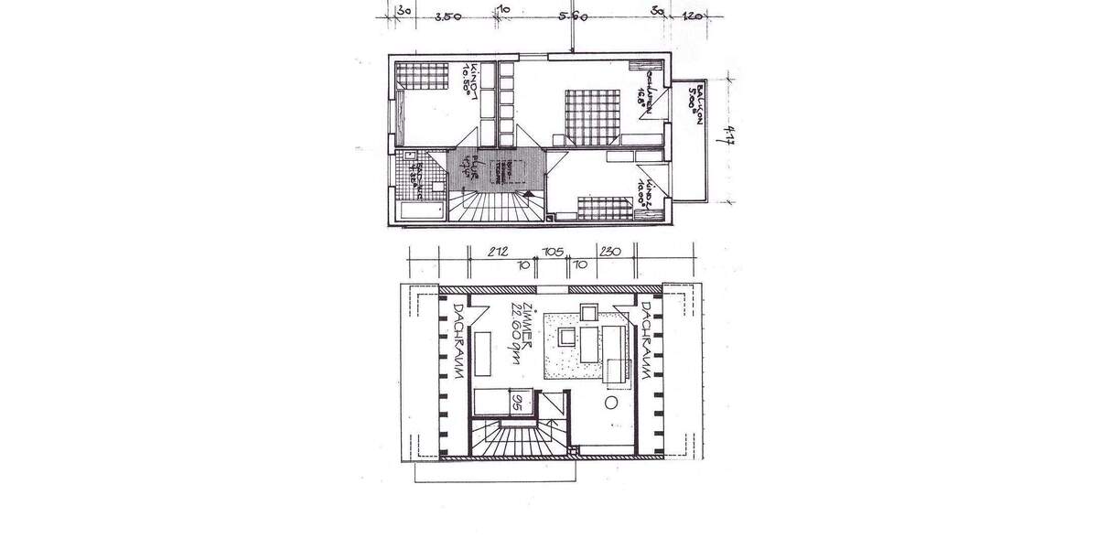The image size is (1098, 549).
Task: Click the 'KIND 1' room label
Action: click(x=472, y=80)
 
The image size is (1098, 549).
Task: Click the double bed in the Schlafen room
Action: click(x=593, y=115)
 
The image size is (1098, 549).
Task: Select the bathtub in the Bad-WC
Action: click(x=421, y=213)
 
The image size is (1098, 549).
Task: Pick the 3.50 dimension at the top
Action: click(x=447, y=16)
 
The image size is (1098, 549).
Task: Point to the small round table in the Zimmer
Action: click(x=611, y=402)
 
